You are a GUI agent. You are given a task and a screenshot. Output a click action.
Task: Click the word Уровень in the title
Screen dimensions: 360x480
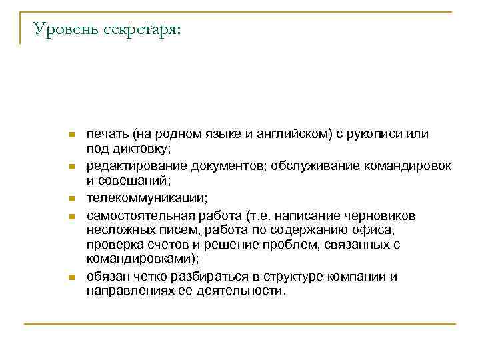click(66, 29)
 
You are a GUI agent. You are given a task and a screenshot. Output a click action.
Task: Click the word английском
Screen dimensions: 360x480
click(291, 134)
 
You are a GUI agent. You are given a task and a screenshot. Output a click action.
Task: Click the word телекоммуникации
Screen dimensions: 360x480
click(147, 197)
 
